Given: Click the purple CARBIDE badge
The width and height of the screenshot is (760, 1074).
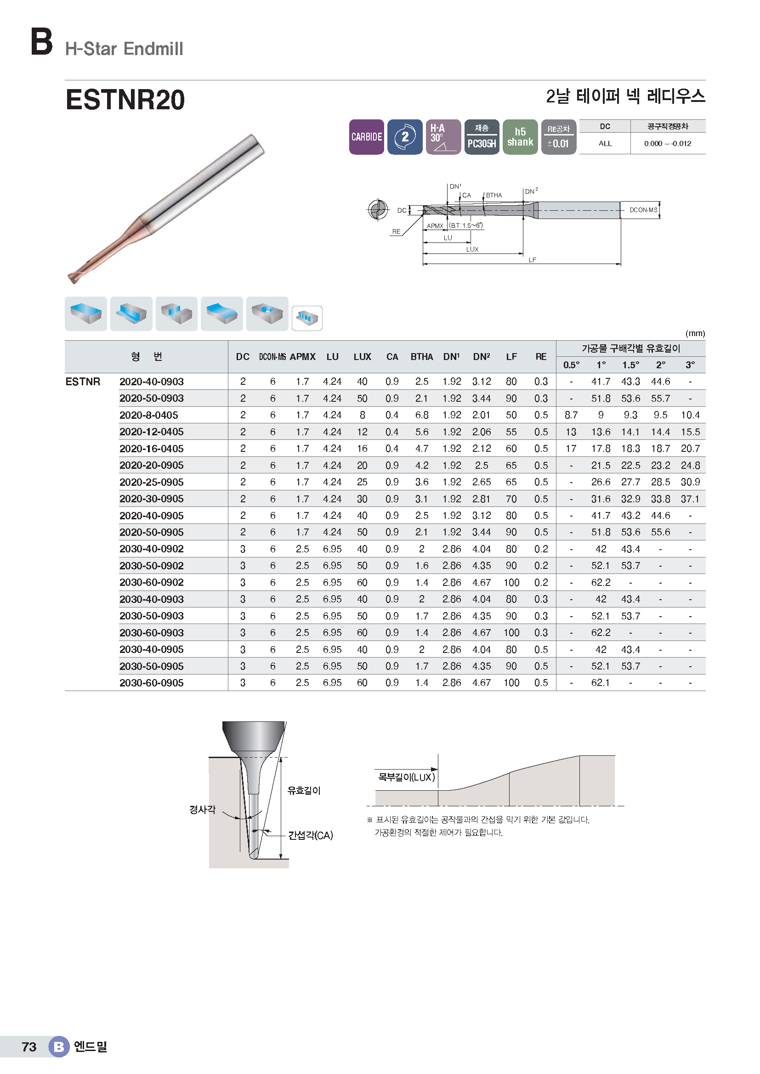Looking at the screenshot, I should (366, 136).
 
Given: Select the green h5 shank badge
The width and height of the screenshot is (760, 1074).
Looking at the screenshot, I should (520, 136).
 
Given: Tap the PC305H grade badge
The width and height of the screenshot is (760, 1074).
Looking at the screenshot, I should (482, 136).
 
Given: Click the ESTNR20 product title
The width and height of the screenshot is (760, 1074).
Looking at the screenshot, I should (125, 100).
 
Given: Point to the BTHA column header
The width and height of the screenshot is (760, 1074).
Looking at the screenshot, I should (422, 357).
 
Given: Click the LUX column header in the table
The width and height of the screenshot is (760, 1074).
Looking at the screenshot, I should (362, 357).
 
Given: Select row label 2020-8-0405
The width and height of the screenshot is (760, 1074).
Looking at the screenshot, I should (149, 416).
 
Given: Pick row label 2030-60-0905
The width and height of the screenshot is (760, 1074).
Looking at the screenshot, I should (152, 683).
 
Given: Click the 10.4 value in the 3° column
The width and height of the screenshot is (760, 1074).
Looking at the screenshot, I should (690, 416).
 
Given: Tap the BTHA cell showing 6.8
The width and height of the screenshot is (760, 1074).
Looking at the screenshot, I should (422, 416).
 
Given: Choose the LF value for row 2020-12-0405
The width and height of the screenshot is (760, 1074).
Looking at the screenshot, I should (511, 432).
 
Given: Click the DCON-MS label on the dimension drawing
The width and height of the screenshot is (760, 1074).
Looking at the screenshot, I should (643, 210).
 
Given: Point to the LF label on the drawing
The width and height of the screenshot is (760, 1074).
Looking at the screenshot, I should (532, 260).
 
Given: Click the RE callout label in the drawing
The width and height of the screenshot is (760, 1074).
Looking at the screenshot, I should (396, 231).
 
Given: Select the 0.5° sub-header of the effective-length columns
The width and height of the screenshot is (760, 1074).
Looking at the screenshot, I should (571, 365).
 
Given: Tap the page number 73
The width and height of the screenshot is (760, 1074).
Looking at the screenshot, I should (29, 1047).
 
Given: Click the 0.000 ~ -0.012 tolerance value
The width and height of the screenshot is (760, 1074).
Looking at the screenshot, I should (667, 144).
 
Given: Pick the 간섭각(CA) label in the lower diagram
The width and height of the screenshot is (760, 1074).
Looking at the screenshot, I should (310, 835).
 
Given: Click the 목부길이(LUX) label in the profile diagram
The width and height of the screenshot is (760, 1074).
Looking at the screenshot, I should (406, 777).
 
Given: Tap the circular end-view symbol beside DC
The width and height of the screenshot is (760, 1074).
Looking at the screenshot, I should (378, 209).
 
